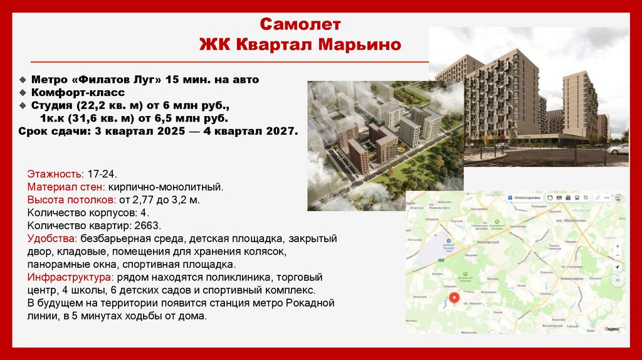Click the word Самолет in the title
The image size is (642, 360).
pos(300,25)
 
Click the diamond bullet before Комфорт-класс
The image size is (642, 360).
pos(23,93)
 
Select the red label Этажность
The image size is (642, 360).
pos(55,173)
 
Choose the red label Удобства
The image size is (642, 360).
pos(52,238)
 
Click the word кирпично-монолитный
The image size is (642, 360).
pos(165,186)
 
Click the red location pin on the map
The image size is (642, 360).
pos(455,298)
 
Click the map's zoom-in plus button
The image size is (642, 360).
pos(618,263)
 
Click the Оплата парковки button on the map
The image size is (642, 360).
pos(525,197)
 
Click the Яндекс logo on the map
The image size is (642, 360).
pos(613,328)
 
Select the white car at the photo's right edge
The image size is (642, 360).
pos(619,149)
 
